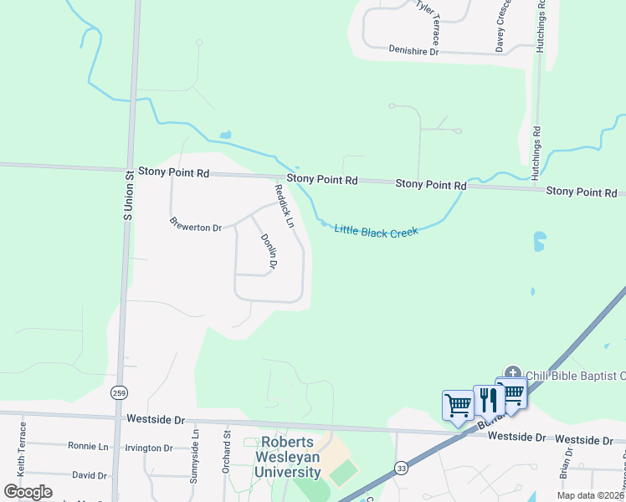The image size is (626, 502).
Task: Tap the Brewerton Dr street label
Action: (195, 226)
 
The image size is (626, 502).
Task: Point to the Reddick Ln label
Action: (285, 207)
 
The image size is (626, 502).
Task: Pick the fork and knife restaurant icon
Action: (485, 401)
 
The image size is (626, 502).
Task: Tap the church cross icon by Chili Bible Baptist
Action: (512, 373)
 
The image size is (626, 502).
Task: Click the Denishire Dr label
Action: (413, 51)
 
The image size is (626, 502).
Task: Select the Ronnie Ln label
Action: (88, 447)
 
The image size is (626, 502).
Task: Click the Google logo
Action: (28, 491)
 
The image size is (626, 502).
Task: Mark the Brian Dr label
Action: (568, 463)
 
